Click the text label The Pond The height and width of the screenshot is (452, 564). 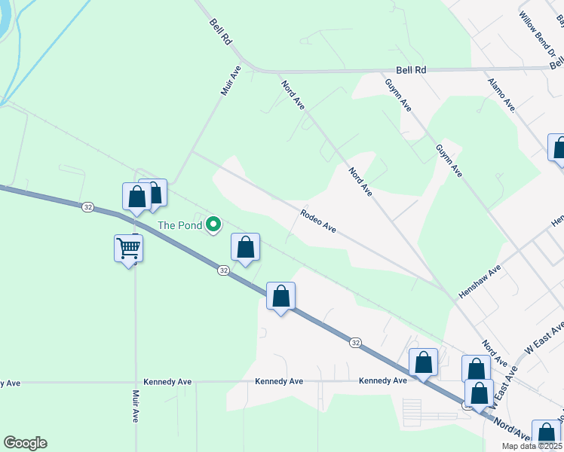[179, 224]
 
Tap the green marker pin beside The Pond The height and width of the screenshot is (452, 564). [213, 223]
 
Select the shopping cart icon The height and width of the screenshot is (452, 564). [129, 248]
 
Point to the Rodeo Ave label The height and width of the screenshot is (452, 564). [317, 221]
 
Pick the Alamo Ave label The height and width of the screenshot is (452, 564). [501, 95]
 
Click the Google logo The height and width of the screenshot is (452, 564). [25, 443]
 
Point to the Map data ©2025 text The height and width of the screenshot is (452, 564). [532, 446]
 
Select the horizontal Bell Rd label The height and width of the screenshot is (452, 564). [411, 69]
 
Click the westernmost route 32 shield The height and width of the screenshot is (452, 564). [88, 206]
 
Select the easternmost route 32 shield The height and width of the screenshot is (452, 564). [355, 342]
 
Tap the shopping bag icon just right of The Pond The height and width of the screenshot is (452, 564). [245, 248]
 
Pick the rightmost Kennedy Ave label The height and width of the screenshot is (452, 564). [382, 381]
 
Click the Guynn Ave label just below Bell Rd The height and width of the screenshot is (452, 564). [397, 95]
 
